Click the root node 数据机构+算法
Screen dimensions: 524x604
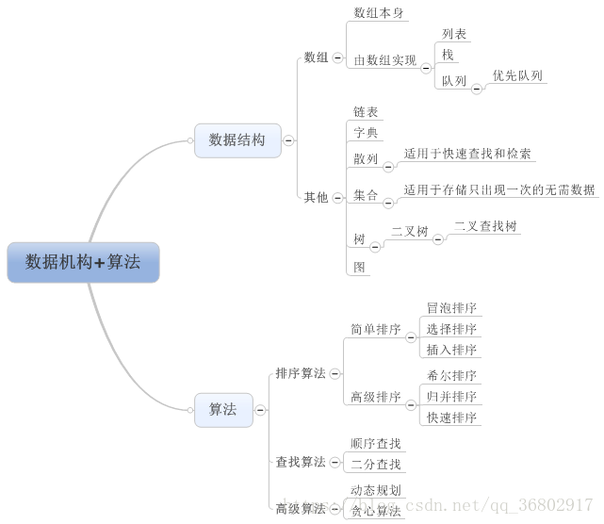pos(83,262)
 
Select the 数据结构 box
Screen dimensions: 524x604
pos(237,139)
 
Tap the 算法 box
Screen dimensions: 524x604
pos(223,410)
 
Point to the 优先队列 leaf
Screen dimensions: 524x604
pos(517,75)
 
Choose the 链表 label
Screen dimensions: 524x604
pos(366,112)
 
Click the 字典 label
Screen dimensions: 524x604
pos(366,133)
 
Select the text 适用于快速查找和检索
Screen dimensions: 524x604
pos(467,154)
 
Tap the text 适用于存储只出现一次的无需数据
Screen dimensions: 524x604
pos(499,189)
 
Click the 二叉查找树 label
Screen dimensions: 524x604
pos(485,226)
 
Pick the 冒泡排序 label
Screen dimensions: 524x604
pos(451,308)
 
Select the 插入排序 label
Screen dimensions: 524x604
pos(451,350)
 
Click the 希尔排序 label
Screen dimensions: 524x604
pos(451,375)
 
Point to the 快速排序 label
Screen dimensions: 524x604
pos(451,418)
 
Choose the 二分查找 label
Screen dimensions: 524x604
pos(375,464)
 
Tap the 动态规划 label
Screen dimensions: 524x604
pos(375,490)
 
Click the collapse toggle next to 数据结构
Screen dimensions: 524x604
pos(288,140)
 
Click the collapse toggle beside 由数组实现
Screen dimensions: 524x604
pos(426,68)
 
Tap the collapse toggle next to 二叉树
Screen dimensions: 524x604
pos(437,239)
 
